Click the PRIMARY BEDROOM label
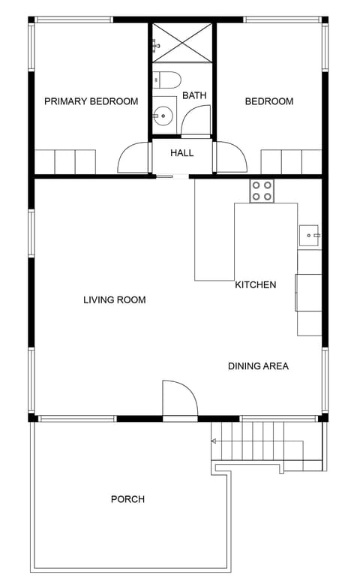[91, 101]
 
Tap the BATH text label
[194, 95]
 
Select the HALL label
[181, 153]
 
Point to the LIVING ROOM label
[114, 300]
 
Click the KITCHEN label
[256, 285]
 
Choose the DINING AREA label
[258, 366]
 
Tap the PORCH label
[127, 499]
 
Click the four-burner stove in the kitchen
[262, 191]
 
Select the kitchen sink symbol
[309, 236]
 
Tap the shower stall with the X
[182, 42]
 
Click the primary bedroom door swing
[133, 158]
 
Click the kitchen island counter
[214, 240]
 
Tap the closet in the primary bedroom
[65, 161]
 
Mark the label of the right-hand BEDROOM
[269, 101]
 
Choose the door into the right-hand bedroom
[229, 158]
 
